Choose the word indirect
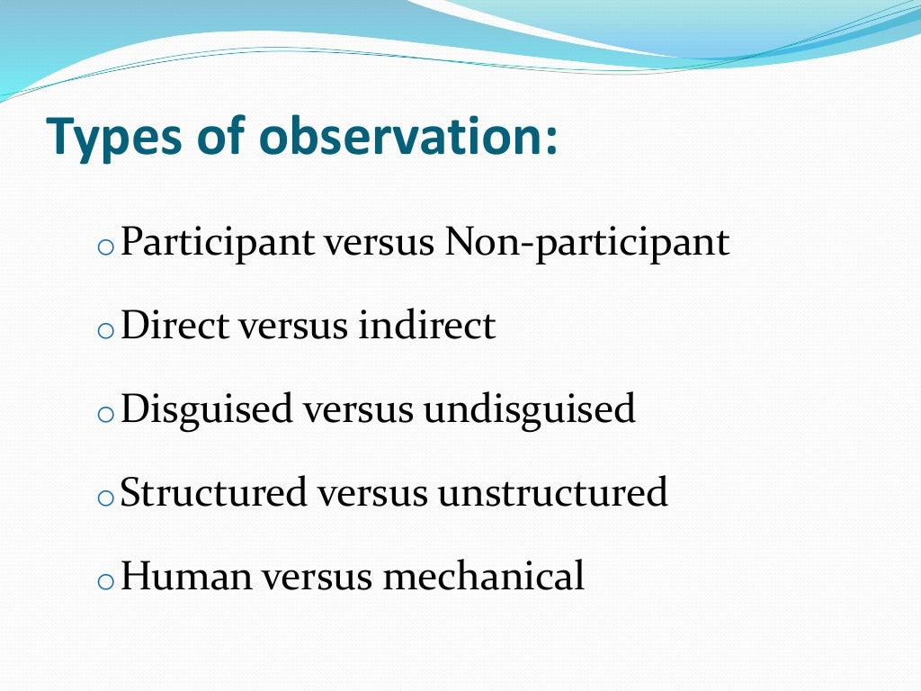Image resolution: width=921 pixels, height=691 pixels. pyautogui.click(x=426, y=326)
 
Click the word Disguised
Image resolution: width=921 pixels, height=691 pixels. pyautogui.click(x=207, y=410)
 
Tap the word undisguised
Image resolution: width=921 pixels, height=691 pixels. pyautogui.click(x=530, y=410)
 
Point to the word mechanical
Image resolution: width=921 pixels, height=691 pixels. pyautogui.click(x=484, y=576)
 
